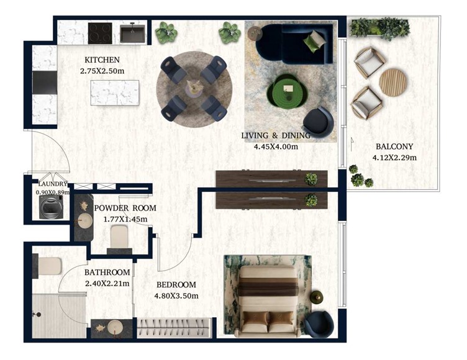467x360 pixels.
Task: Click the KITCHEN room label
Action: [102, 60]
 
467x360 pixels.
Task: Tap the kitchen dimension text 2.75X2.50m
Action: [102, 71]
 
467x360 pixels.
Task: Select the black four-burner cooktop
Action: [100, 33]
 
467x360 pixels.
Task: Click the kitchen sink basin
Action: [132, 34]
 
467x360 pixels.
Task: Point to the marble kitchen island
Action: [115, 92]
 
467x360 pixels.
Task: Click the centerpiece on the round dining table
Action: [194, 88]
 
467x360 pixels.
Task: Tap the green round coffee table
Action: [287, 90]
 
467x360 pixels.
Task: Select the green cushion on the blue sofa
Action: [314, 42]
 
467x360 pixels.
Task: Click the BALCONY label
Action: [394, 146]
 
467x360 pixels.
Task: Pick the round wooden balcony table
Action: [393, 83]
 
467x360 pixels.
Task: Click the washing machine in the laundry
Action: [51, 207]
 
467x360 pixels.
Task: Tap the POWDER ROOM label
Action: [125, 208]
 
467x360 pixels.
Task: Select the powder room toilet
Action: [119, 237]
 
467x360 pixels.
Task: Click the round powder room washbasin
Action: [84, 220]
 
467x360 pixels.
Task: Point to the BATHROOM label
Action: [107, 272]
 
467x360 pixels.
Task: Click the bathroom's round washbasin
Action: [115, 328]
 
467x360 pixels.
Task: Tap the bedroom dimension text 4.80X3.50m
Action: [176, 296]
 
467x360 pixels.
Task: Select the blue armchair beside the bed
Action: [319, 324]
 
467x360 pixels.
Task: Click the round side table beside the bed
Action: [316, 297]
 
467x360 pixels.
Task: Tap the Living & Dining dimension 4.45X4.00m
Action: [276, 146]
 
